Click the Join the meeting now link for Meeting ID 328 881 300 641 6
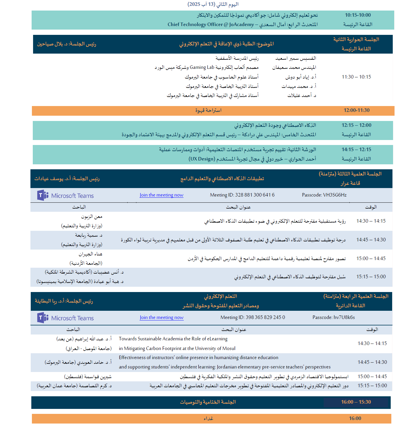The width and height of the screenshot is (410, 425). pos(161,195)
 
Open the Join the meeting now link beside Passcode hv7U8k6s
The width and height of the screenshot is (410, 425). pos(161,318)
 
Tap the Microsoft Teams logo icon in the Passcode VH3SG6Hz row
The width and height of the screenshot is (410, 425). pos(43,195)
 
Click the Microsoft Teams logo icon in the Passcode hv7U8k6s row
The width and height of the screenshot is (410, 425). pos(43,318)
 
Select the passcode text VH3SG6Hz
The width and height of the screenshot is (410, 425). pos(335,195)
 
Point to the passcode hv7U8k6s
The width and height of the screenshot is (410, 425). pos(344,318)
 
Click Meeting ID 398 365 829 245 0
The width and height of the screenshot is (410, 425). pos(253,318)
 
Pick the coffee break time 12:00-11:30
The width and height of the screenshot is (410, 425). pos(356,110)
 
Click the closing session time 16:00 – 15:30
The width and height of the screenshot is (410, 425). pos(356,402)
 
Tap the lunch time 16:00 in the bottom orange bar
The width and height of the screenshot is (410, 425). pos(355,419)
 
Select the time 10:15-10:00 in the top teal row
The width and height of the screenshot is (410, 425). pos(358,15)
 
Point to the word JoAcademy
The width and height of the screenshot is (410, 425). pos(241,25)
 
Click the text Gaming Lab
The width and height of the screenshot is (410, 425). pos(202,67)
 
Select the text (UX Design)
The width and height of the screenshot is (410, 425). pos(201,159)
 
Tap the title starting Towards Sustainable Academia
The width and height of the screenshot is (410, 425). pos(173,339)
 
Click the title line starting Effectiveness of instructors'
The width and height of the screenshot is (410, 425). pos(198,358)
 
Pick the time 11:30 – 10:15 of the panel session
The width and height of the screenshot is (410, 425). pos(356,77)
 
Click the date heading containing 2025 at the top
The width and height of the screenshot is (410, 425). pos(213,4)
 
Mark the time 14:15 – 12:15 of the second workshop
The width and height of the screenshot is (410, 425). pos(356,150)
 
